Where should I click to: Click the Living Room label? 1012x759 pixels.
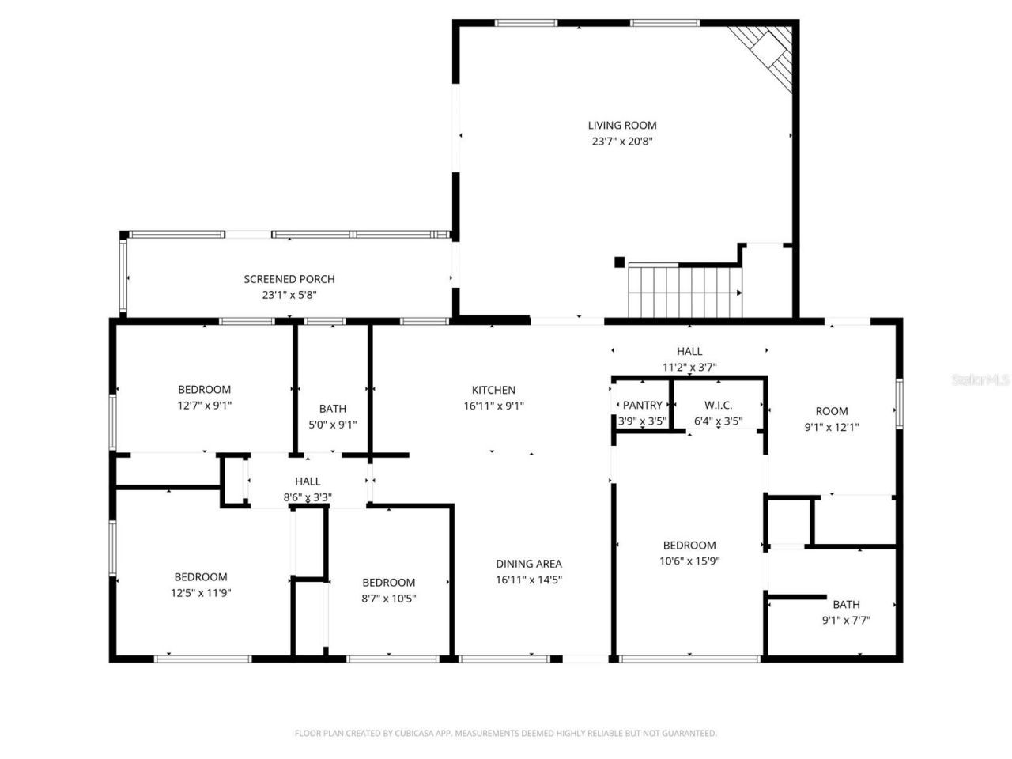click(x=622, y=125)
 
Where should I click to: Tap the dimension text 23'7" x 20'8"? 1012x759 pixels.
click(x=622, y=142)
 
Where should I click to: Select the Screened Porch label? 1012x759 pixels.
click(x=289, y=279)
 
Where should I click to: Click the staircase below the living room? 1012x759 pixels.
click(x=685, y=291)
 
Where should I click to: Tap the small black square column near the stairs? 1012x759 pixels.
click(x=620, y=262)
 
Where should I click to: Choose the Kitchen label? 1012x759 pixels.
click(x=493, y=390)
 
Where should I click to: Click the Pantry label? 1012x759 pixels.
click(x=642, y=406)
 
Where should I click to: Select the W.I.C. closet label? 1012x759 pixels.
click(x=718, y=406)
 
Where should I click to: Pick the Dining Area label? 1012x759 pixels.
click(x=529, y=564)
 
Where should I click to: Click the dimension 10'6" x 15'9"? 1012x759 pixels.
click(x=689, y=561)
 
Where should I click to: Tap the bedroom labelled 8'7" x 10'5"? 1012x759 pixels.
click(x=388, y=591)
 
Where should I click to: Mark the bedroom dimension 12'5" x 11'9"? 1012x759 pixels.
click(x=201, y=593)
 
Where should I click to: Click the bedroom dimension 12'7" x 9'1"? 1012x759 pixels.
click(x=204, y=405)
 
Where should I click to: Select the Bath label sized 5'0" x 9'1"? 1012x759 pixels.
click(x=333, y=409)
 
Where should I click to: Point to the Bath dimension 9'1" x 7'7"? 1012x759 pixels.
click(x=846, y=621)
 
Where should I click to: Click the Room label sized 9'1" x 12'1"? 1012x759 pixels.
click(x=832, y=411)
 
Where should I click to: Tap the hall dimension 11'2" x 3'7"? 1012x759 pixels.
click(x=689, y=367)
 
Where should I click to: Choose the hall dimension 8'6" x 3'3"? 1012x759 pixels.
click(x=308, y=497)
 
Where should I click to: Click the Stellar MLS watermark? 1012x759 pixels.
click(x=980, y=380)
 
